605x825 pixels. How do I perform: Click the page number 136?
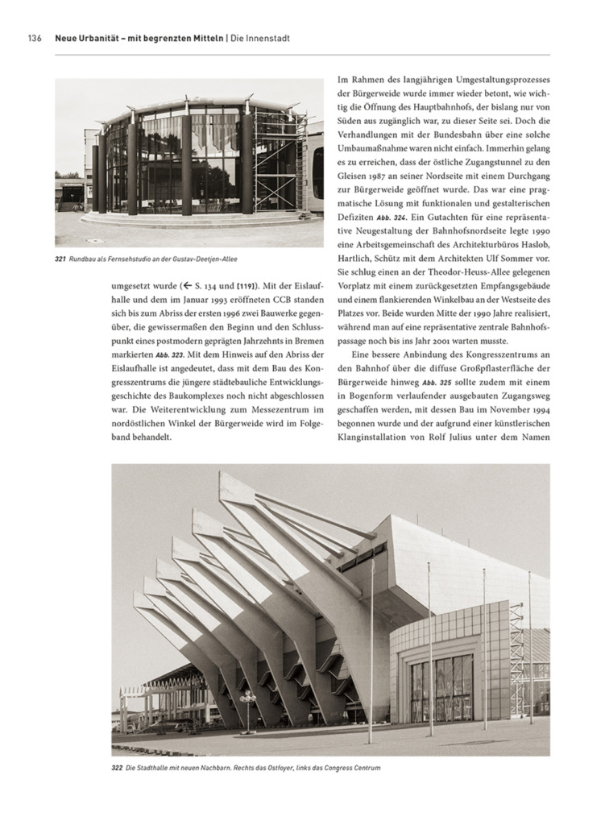tap(35, 38)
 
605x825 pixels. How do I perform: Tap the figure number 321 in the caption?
tap(60, 259)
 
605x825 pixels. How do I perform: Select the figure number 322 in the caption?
tap(117, 768)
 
